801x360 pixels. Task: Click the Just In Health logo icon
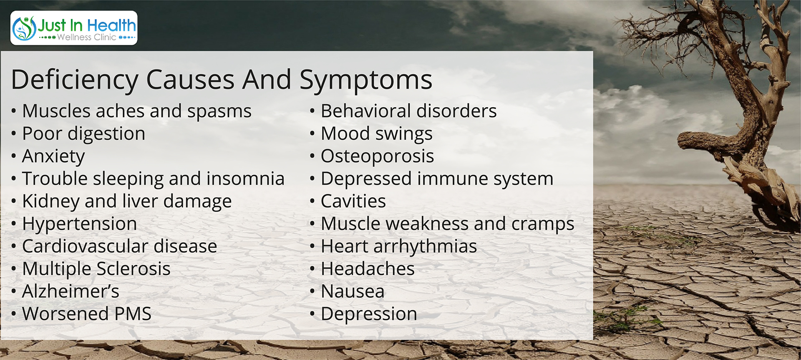point(24,28)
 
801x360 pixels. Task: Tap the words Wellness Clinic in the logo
point(86,37)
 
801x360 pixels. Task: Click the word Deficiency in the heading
point(75,80)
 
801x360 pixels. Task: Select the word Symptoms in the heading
point(366,80)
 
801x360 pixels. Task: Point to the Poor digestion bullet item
point(83,134)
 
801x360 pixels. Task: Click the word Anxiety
point(53,156)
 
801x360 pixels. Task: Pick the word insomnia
point(245,179)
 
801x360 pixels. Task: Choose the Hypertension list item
point(79,224)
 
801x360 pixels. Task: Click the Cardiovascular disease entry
point(119,246)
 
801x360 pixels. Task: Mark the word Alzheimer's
point(71,291)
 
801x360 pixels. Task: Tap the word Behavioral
point(366,111)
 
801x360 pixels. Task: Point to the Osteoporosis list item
point(377,156)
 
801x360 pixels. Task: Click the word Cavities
point(353,201)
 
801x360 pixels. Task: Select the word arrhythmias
point(425,247)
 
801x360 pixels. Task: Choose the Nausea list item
point(353,291)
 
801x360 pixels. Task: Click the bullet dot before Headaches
point(312,269)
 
